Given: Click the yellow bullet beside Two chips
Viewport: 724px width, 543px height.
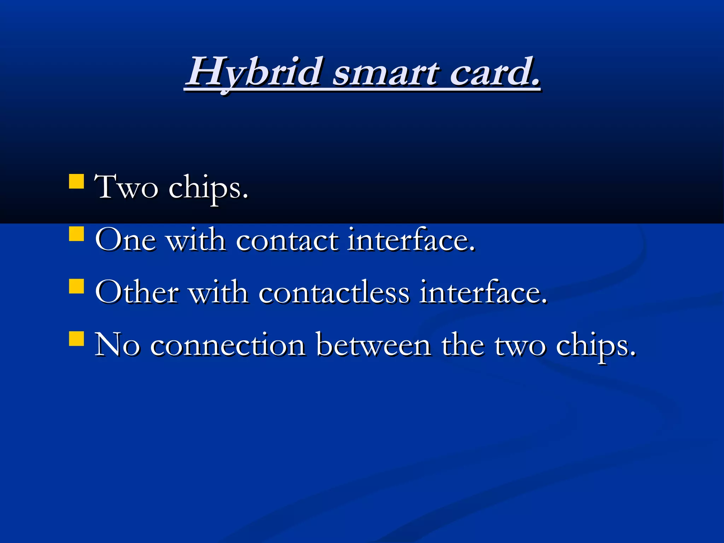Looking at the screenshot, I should click(76, 181).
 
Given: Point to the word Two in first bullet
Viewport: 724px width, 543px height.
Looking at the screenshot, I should click(126, 187).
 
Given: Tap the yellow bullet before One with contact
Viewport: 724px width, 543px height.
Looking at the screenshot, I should click(76, 234).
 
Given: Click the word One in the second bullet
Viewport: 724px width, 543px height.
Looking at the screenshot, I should click(125, 240).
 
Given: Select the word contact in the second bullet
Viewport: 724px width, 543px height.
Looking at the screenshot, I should click(287, 240).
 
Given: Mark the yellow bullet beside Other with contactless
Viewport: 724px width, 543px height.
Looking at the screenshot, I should click(76, 286).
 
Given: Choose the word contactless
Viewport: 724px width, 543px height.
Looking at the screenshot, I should click(334, 292).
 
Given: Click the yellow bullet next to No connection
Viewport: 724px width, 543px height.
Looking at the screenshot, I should click(76, 338).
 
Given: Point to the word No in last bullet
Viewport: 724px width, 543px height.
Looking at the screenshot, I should click(117, 345).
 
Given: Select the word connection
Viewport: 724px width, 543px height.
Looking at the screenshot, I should click(228, 345).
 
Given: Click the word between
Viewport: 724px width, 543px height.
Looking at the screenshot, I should click(374, 345).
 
